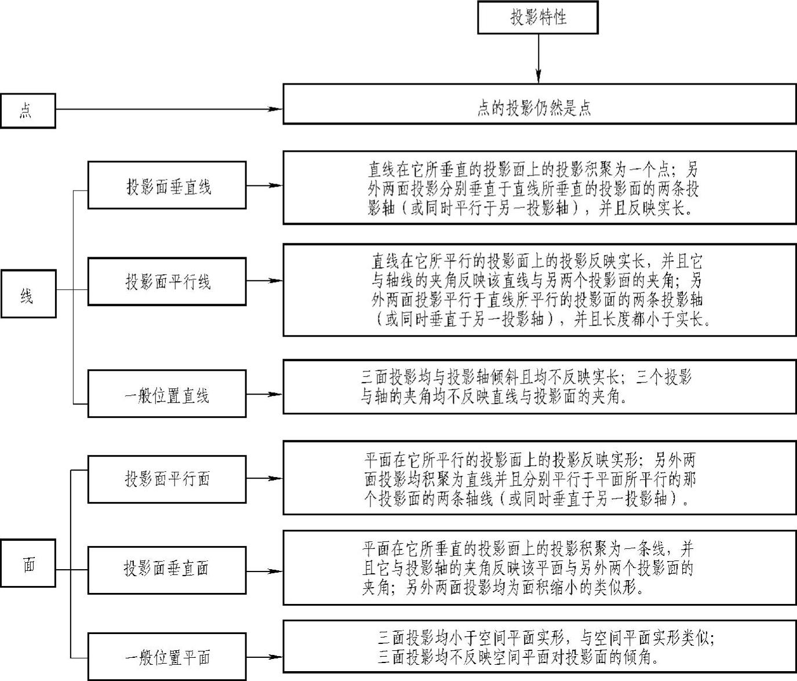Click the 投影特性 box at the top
tap(537, 17)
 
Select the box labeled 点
tap(28, 111)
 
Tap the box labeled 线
tap(28, 294)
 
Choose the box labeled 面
tap(28, 563)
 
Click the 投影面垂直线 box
tap(167, 185)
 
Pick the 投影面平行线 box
tap(167, 282)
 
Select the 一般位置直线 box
tap(167, 394)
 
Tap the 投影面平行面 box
tap(167, 479)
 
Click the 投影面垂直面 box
tap(167, 568)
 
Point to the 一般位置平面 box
tap(167, 657)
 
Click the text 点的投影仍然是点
tap(533, 108)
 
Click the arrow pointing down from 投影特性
tap(538, 75)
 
